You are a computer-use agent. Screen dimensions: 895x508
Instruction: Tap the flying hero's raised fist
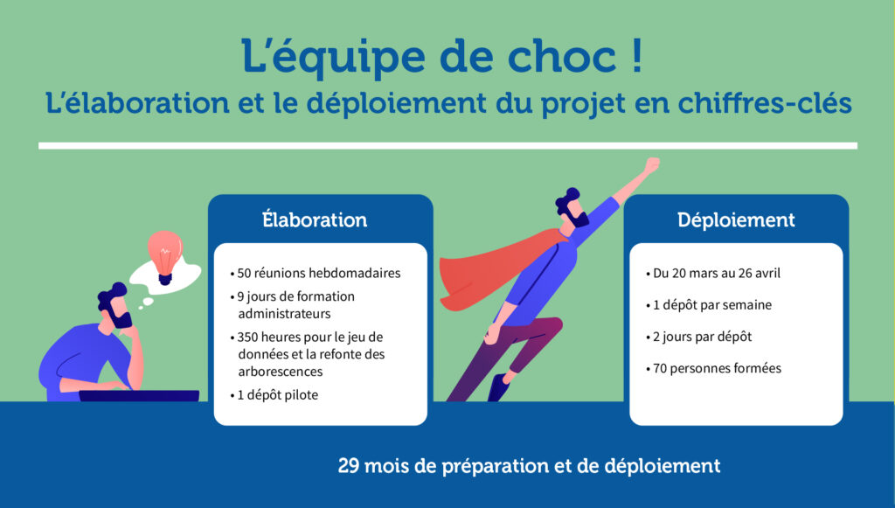click(651, 165)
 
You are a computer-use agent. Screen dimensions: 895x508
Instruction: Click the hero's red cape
click(496, 268)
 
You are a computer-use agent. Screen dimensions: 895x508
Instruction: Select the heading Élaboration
click(315, 219)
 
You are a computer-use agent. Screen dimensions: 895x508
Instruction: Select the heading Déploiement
click(736, 219)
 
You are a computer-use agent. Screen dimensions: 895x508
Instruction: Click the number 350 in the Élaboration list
click(247, 337)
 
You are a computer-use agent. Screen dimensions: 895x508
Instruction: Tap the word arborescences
click(281, 372)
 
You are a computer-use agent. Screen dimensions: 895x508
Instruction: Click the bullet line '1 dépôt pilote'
click(274, 395)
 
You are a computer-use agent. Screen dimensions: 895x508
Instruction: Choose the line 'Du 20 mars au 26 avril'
click(713, 273)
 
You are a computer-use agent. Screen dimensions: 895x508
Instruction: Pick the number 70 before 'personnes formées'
click(660, 368)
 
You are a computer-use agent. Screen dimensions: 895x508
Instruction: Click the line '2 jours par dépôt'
click(699, 337)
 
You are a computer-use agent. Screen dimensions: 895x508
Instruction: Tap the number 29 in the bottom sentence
click(348, 466)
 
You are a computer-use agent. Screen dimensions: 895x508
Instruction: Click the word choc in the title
click(562, 56)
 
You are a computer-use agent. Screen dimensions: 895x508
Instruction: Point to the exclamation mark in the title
click(637, 55)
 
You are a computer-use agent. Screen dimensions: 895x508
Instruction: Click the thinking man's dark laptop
click(139, 395)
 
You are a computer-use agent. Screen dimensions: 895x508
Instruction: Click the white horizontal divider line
click(447, 146)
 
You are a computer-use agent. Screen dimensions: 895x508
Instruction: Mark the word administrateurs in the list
click(284, 313)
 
